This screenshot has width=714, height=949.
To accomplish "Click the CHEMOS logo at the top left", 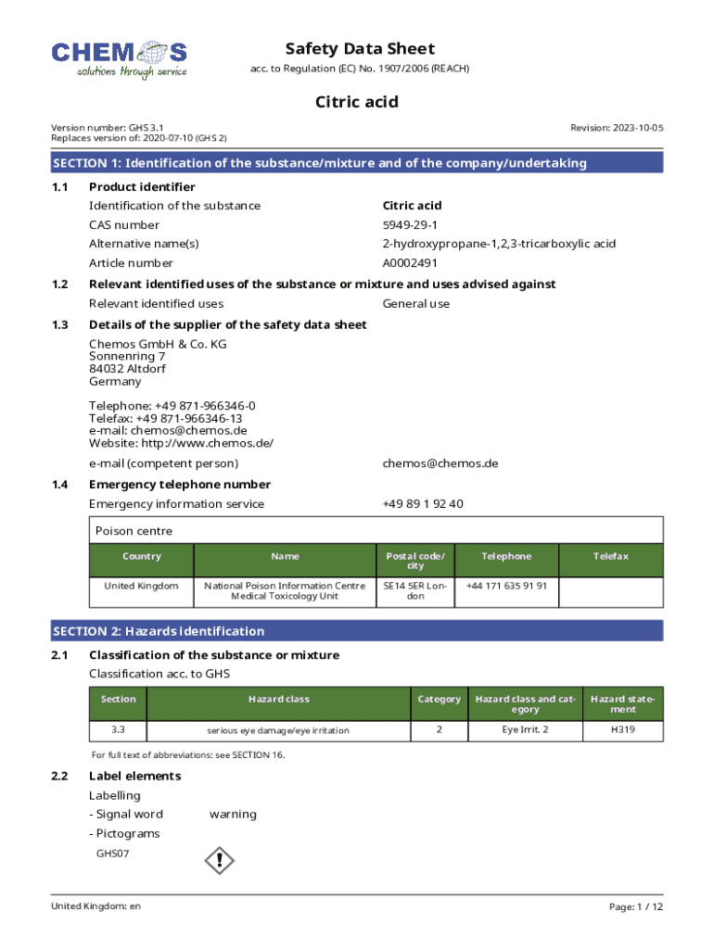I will [x=119, y=58].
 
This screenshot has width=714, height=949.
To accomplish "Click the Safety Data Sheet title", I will [x=360, y=49].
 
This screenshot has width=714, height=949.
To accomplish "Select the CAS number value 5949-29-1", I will [x=410, y=225].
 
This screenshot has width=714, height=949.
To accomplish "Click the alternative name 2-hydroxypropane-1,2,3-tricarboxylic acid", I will [x=499, y=244].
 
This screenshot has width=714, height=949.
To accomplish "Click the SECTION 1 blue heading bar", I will [x=357, y=163].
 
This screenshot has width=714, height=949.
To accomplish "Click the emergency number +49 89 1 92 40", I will [x=422, y=504].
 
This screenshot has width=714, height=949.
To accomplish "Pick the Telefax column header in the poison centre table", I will [x=611, y=556].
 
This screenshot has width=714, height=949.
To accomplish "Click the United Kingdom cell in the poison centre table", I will [x=141, y=587].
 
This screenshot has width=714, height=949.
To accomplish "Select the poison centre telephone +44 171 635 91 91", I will [x=506, y=586].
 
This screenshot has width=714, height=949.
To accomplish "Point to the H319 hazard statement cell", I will [x=623, y=730].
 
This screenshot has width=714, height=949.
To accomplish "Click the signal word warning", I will [x=233, y=815].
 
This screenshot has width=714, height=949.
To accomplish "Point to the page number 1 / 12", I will [x=636, y=906].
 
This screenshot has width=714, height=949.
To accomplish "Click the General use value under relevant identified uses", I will [x=415, y=304].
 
